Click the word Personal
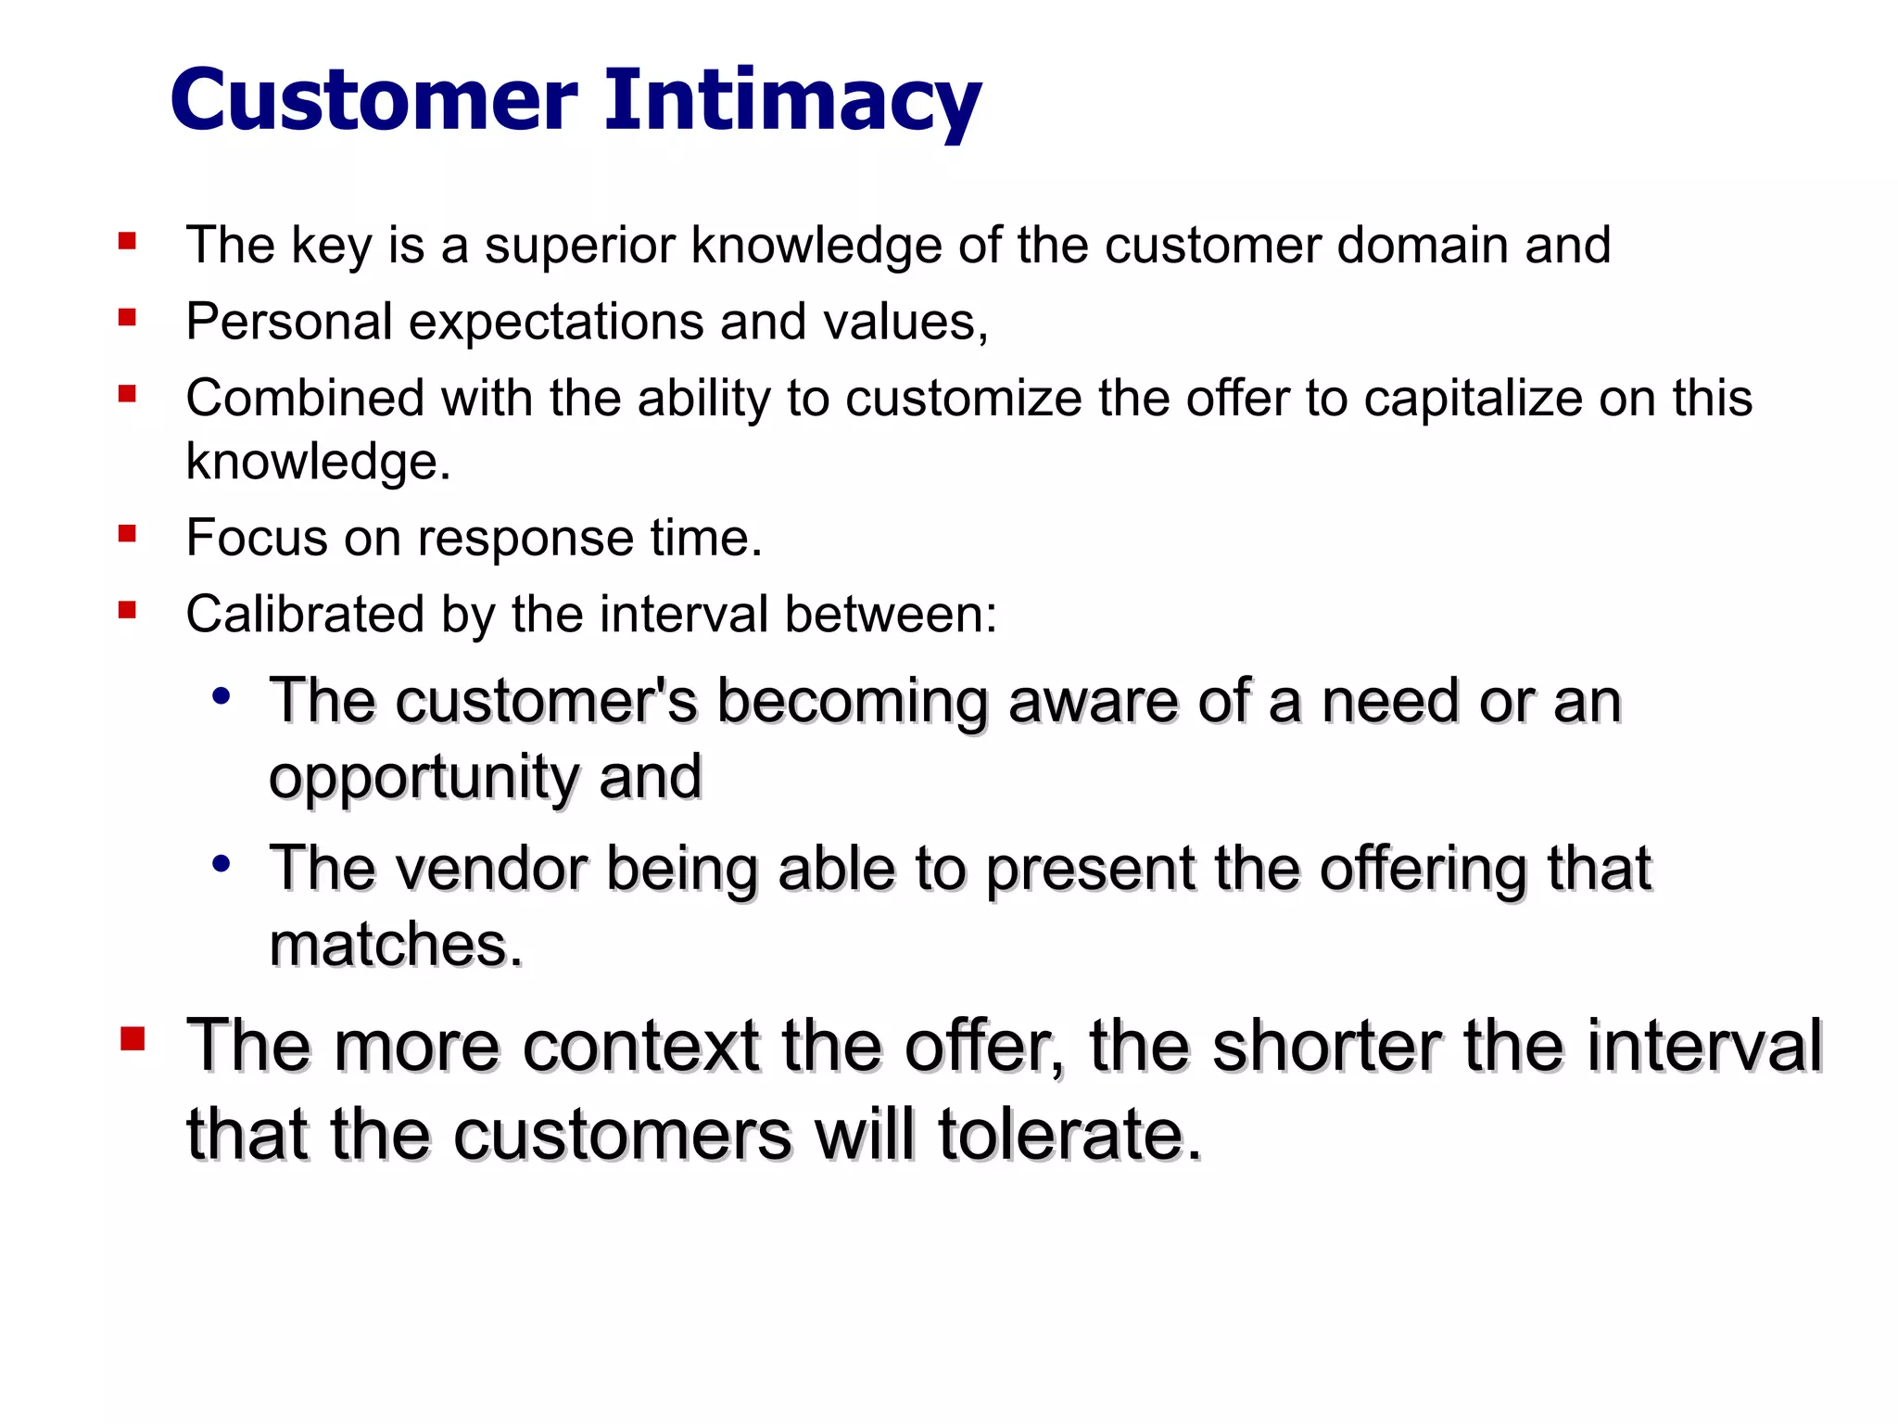[x=289, y=323]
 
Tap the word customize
[x=963, y=399]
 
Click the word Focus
[x=256, y=538]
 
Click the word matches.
[x=396, y=946]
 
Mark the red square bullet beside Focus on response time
[x=128, y=534]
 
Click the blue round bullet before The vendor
[x=221, y=864]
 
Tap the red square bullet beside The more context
[x=133, y=1039]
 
